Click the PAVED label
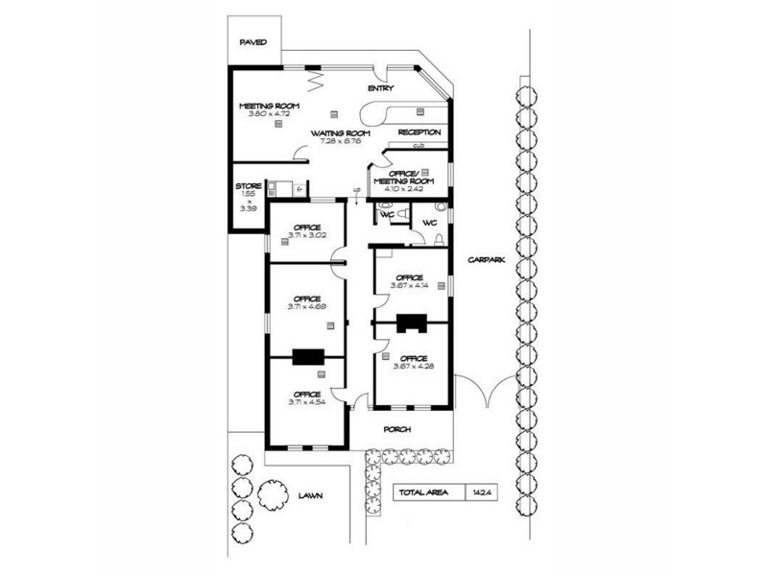coord(253,42)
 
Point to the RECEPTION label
coord(420,132)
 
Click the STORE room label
coord(248,186)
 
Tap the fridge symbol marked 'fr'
coord(300,189)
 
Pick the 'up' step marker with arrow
coord(357,192)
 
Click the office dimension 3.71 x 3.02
coord(306,235)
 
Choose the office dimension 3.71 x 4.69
coord(306,306)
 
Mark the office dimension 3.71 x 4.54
coord(306,402)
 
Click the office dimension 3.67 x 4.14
coord(409,284)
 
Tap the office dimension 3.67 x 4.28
coord(412,366)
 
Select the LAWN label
coord(310,496)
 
